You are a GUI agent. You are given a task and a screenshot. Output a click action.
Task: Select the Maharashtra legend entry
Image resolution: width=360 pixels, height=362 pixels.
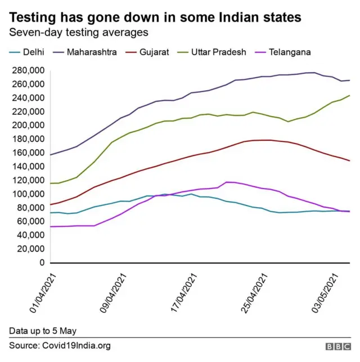pyautogui.click(x=85, y=52)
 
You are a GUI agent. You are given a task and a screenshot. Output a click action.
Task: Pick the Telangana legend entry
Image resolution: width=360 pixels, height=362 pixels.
pyautogui.click(x=284, y=52)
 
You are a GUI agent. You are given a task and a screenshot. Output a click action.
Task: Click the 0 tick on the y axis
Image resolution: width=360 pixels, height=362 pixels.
pyautogui.click(x=42, y=263)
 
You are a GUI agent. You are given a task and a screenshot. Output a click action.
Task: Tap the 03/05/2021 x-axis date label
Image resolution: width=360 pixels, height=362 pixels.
pyautogui.click(x=326, y=293)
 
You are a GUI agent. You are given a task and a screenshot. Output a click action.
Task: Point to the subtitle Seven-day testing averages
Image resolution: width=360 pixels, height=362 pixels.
pyautogui.click(x=78, y=33)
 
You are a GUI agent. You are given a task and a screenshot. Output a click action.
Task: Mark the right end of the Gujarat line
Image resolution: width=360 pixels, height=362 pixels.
pyautogui.click(x=349, y=161)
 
